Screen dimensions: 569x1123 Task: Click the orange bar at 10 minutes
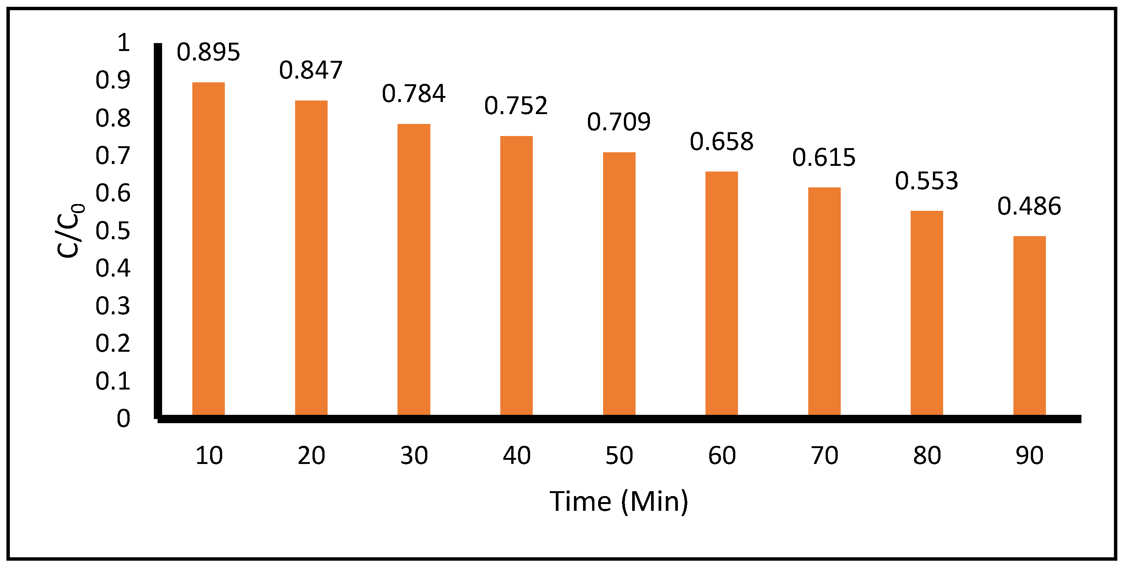point(208,249)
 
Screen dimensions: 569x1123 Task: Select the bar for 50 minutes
point(619,283)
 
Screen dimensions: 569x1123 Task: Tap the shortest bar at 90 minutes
point(1029,325)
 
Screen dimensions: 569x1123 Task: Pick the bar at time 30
point(414,269)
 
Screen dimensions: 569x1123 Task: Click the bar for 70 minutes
point(824,301)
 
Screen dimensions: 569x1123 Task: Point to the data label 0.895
point(208,52)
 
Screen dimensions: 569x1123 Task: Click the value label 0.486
point(1029,206)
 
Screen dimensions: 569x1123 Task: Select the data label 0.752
point(516,106)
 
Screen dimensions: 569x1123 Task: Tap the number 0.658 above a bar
point(721,142)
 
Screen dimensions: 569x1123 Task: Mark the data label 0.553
point(927,181)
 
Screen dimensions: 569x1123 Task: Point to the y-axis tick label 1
point(124,43)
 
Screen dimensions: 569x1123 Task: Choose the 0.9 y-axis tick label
point(113,80)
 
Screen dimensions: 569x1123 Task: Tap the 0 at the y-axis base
point(124,419)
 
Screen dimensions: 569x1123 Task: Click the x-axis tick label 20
point(311,456)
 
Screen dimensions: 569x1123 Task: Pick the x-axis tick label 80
point(927,456)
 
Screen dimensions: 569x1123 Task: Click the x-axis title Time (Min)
point(619,501)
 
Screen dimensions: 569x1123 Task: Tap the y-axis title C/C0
point(70,231)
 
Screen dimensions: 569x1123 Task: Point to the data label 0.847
point(311,70)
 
